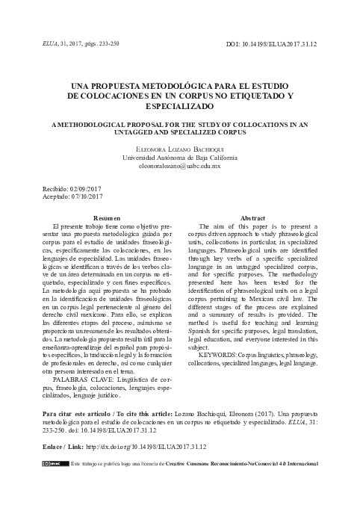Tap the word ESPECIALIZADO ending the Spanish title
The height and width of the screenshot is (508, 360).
(179, 107)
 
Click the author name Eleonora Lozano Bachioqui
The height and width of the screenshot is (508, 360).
(179, 149)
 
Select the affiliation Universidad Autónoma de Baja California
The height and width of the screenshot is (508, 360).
(179, 158)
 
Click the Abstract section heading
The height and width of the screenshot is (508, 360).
(254, 217)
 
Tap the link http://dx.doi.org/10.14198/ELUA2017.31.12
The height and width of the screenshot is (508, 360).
(146, 447)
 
